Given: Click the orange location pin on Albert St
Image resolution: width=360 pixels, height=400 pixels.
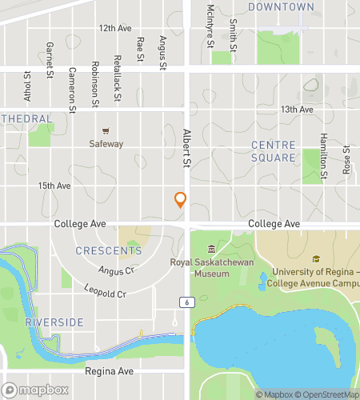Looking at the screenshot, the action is pyautogui.click(x=181, y=200).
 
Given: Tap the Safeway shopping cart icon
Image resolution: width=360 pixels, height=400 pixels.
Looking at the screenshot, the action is pyautogui.click(x=106, y=130).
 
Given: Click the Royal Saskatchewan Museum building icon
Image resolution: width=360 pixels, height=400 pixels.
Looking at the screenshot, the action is pyautogui.click(x=211, y=248).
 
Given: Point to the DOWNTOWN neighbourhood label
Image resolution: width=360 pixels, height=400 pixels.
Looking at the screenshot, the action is pyautogui.click(x=281, y=7).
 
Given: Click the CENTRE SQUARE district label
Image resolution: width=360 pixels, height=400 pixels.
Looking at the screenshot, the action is pyautogui.click(x=274, y=151).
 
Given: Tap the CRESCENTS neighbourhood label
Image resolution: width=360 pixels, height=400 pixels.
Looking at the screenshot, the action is pyautogui.click(x=109, y=250).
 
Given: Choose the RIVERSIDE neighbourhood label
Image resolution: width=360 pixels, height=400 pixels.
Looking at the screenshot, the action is pyautogui.click(x=54, y=322).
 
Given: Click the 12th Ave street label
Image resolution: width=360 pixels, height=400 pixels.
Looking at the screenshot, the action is pyautogui.click(x=115, y=28).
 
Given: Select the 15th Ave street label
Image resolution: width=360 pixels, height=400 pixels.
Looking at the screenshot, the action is pyautogui.click(x=54, y=186).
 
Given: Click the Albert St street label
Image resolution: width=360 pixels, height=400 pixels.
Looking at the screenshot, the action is pyautogui.click(x=189, y=149).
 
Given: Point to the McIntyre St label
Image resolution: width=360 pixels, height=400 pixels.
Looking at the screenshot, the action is pyautogui.click(x=210, y=25).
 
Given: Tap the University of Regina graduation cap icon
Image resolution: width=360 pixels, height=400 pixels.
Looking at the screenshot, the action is pyautogui.click(x=316, y=259).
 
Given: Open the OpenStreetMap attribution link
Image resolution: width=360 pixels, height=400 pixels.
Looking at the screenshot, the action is pyautogui.click(x=326, y=394).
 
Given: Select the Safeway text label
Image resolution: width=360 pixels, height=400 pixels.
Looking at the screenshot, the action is pyautogui.click(x=106, y=144).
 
